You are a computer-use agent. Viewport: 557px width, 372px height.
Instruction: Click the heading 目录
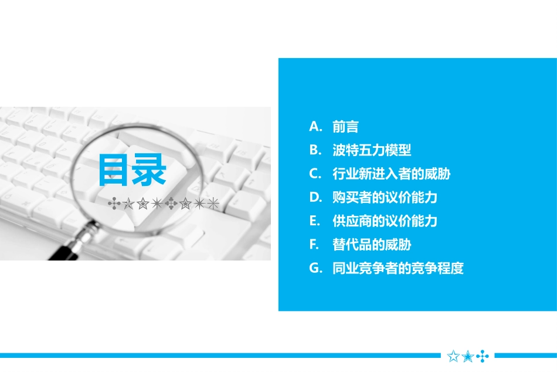[x=133, y=170]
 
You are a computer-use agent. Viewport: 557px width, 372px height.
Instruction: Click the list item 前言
[x=345, y=127]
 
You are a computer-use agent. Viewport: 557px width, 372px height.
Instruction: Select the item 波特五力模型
[x=372, y=150]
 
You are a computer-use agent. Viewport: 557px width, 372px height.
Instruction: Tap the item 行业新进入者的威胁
[x=391, y=174]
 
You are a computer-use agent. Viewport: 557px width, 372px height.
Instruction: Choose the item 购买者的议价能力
[x=385, y=197]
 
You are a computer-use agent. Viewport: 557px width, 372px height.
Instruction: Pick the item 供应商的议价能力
[x=385, y=221]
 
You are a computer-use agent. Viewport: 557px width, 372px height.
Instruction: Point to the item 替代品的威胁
[x=372, y=245]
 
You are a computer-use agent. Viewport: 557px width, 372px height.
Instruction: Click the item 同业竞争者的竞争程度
[x=398, y=268]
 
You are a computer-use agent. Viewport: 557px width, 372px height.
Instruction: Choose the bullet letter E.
[x=314, y=221]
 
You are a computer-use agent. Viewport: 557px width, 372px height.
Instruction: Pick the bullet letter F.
[x=314, y=245]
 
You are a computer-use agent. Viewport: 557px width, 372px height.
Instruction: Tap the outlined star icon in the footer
[x=453, y=356]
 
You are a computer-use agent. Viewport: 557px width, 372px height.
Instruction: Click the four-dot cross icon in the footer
[x=482, y=356]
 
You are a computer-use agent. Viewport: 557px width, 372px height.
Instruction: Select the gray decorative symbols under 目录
[x=164, y=204]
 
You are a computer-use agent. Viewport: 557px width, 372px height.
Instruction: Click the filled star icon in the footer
[x=468, y=356]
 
